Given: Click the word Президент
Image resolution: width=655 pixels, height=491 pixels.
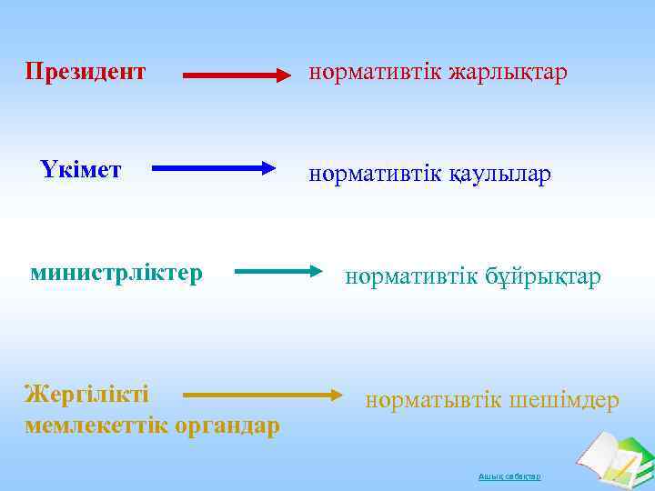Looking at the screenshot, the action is pos(86,71).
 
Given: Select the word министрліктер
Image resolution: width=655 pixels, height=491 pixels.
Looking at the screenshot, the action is pos(116,273).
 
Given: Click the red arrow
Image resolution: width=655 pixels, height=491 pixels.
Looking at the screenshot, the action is pos(237,75).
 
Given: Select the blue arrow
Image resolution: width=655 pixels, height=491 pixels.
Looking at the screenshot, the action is pos(214,167).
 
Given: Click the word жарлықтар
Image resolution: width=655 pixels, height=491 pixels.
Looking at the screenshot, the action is pos(507,72).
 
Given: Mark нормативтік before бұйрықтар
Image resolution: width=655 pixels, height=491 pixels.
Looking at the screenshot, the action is pos(409,276).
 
